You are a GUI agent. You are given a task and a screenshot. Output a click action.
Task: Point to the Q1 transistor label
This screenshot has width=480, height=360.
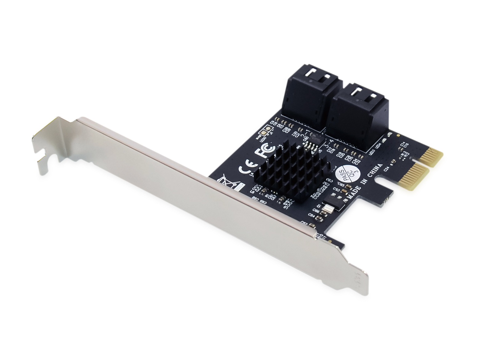[319, 205]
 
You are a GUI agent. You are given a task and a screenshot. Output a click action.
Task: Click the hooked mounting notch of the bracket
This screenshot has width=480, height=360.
[43, 154]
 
